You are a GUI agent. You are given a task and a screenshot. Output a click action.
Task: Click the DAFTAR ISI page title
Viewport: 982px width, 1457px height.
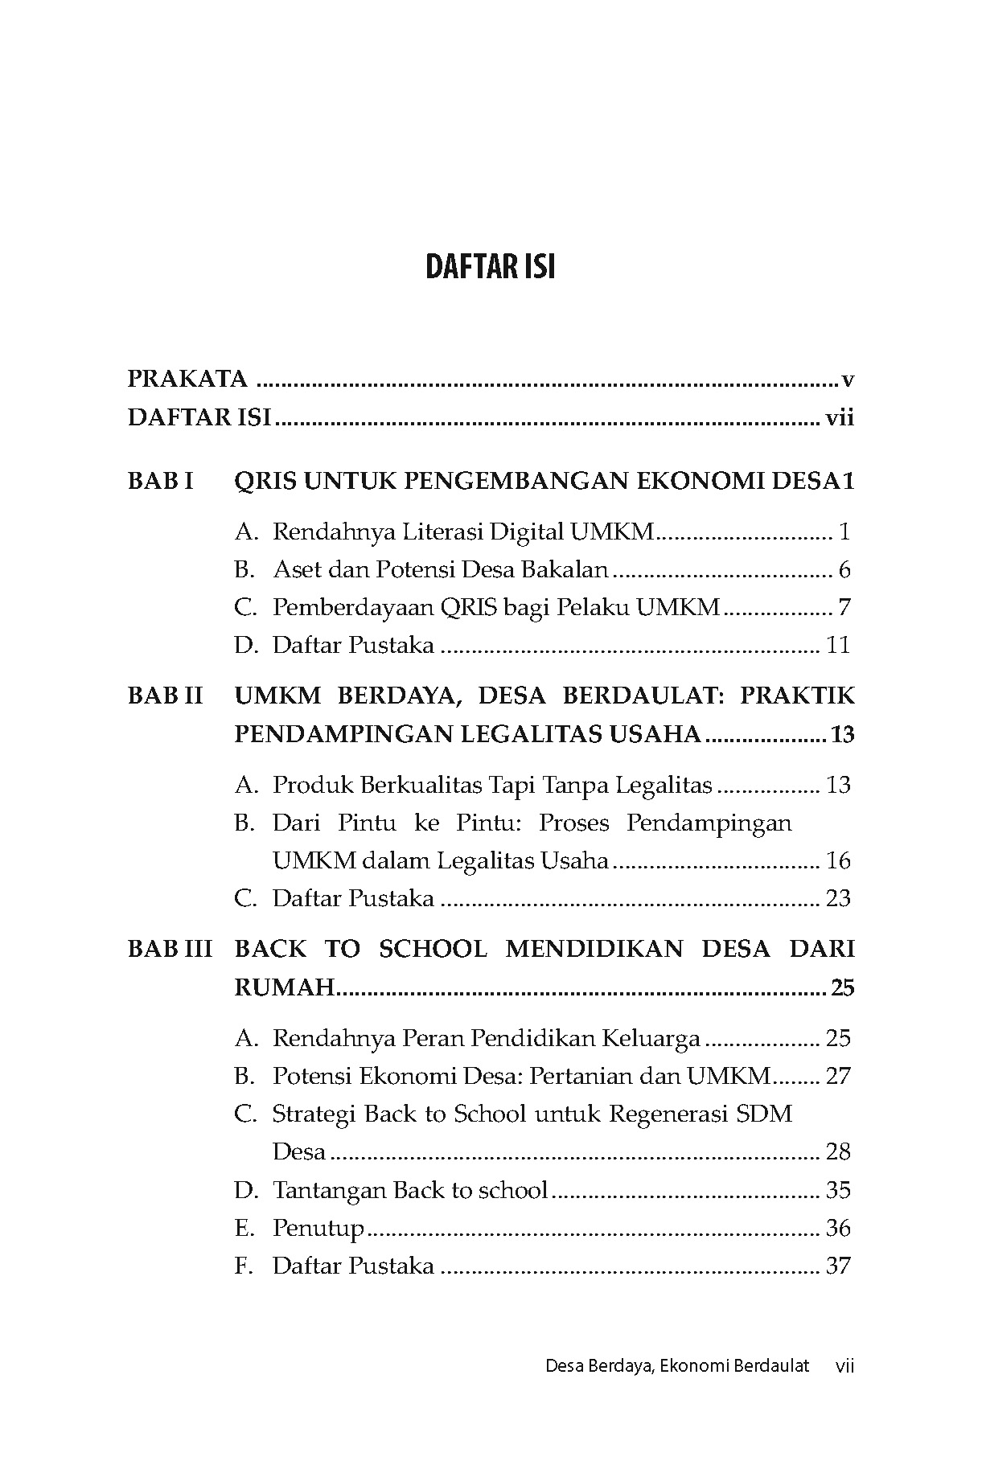(490, 267)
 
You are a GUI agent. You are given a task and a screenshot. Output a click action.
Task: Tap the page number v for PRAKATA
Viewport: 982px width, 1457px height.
(847, 380)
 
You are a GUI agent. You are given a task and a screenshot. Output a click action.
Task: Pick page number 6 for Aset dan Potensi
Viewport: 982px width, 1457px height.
(844, 570)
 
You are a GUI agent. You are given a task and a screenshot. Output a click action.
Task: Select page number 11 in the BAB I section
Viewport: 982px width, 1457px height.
(838, 645)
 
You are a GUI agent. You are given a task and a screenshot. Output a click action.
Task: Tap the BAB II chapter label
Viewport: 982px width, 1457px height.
(166, 696)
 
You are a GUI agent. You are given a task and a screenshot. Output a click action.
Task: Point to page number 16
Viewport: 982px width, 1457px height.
(838, 861)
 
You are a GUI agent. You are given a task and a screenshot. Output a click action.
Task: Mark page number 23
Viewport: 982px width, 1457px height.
(838, 898)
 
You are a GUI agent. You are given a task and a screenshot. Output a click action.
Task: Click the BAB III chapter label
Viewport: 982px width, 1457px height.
(170, 949)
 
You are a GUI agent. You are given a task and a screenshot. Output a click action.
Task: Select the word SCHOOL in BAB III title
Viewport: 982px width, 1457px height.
(433, 949)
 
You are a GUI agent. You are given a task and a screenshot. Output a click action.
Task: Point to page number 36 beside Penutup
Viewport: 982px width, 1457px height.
(838, 1228)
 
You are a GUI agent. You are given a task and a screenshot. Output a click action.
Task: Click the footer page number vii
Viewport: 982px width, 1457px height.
(844, 1365)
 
